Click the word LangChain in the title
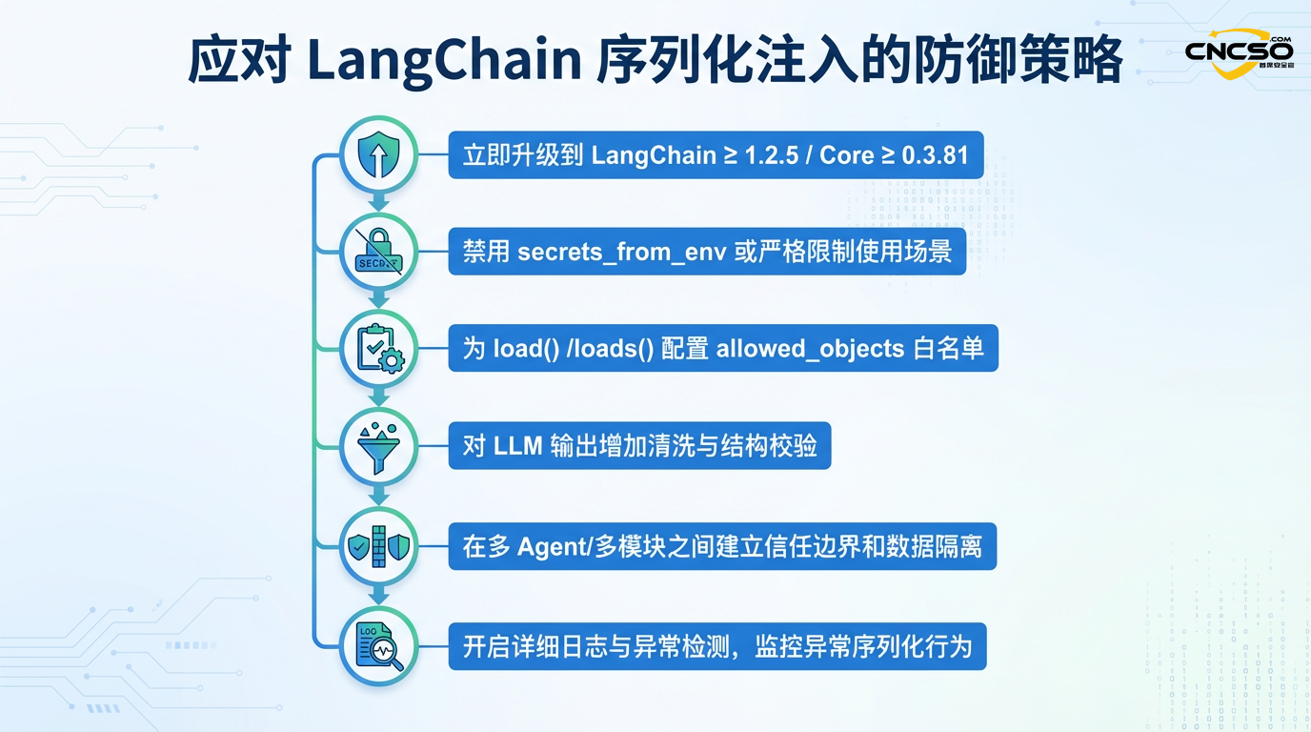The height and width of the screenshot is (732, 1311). click(x=444, y=60)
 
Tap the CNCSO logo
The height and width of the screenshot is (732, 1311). click(x=1239, y=53)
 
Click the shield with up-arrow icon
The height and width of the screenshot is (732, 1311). click(x=378, y=154)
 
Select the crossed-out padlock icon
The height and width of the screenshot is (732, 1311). click(x=378, y=252)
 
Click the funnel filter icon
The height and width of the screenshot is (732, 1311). click(x=378, y=447)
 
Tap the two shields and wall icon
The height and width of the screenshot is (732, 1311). click(x=378, y=546)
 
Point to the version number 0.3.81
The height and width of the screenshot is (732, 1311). click(x=936, y=155)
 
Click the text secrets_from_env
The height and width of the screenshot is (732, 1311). click(x=622, y=253)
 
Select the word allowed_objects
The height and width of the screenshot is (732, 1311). click(x=810, y=349)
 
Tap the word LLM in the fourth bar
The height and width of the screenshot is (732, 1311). click(x=518, y=446)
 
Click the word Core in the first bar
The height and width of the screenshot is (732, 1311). click(x=846, y=155)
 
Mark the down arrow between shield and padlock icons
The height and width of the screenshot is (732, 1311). click(x=378, y=203)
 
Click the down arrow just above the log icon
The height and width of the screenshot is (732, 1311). click(x=378, y=596)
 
